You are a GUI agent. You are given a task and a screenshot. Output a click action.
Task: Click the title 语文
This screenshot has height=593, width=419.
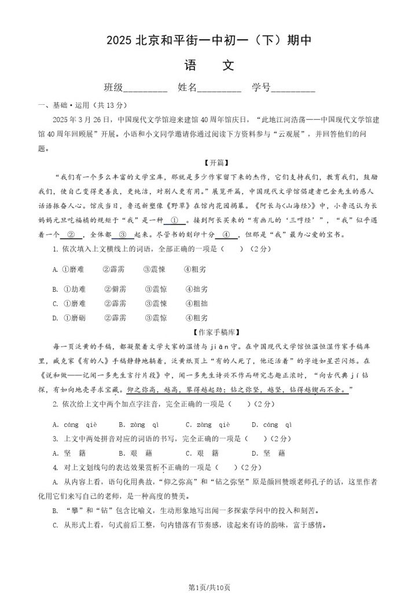pyautogui.click(x=209, y=65)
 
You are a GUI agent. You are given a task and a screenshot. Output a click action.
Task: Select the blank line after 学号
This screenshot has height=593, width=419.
pyautogui.click(x=293, y=89)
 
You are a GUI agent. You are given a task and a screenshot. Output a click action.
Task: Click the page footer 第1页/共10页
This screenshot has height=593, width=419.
pyautogui.click(x=209, y=587)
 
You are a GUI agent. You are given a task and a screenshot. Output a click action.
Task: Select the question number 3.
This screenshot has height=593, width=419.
pyautogui.click(x=55, y=438)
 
